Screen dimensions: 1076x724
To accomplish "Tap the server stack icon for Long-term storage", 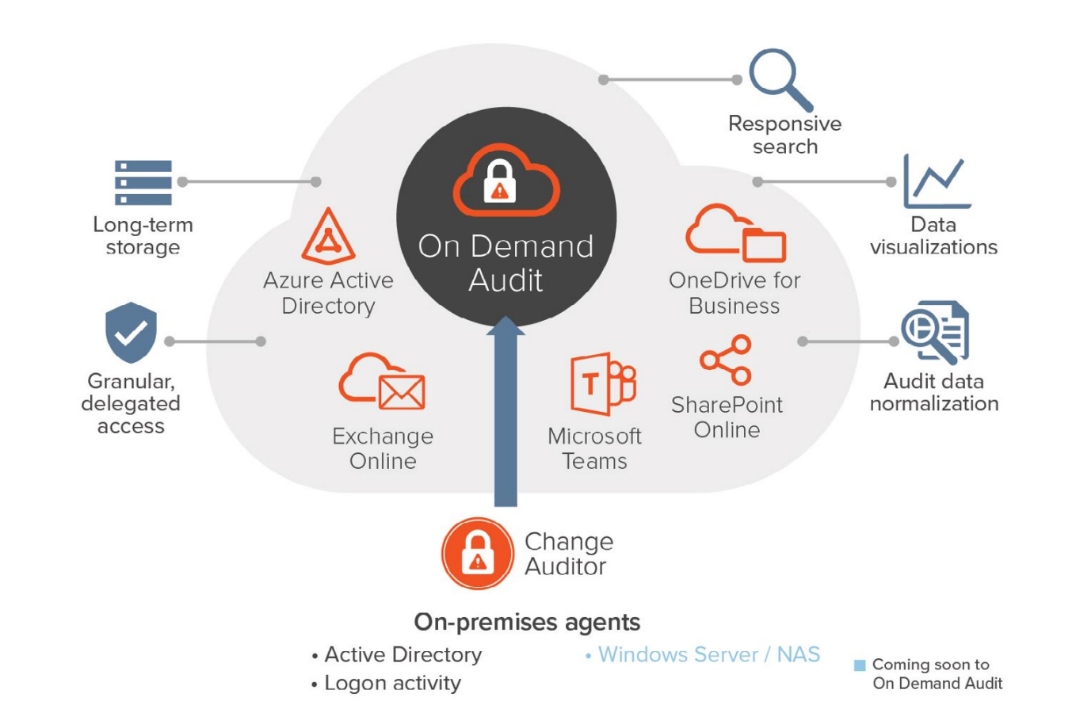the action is (x=143, y=182).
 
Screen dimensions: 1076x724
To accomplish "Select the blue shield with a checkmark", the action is (x=132, y=332).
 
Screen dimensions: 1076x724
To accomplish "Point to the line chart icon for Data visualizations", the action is (x=937, y=181).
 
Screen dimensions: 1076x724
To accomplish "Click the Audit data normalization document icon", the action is (x=935, y=332).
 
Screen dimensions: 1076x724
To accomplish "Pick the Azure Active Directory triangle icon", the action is (x=329, y=236).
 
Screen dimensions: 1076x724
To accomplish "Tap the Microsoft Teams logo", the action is (x=603, y=383).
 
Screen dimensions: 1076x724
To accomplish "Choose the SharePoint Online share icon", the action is (x=726, y=360).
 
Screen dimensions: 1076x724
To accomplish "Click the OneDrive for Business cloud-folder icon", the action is (x=735, y=233).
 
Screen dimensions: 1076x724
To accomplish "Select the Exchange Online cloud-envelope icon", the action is (x=382, y=381).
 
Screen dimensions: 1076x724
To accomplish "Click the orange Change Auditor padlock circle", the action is (x=478, y=553).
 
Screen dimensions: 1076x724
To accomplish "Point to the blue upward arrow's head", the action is (x=506, y=326).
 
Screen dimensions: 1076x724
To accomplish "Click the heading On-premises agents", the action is (x=527, y=622).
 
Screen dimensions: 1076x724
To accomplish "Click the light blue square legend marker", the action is (x=860, y=665).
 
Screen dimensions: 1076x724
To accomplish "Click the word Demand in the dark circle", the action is (x=532, y=246).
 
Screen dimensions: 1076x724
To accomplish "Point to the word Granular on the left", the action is (x=132, y=382).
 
